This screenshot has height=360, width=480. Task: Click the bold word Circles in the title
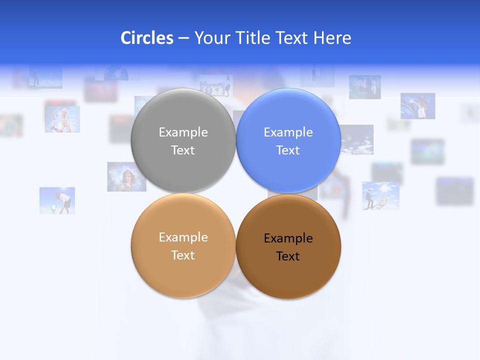click(147, 38)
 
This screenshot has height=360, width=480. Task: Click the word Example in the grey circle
click(183, 132)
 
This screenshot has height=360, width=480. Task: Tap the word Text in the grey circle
click(183, 150)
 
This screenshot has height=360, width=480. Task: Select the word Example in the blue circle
click(288, 132)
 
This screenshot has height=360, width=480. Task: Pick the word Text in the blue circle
click(288, 150)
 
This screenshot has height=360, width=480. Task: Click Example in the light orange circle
click(183, 237)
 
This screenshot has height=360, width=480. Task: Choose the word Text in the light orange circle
click(183, 255)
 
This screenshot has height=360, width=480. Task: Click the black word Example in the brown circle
click(288, 238)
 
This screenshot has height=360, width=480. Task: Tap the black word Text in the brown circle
click(288, 256)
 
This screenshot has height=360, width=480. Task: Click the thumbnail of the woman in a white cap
click(62, 119)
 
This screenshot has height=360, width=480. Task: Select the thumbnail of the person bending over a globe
click(57, 200)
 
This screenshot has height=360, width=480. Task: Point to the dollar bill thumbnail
click(216, 85)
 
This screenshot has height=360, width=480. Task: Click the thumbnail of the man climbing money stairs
click(380, 195)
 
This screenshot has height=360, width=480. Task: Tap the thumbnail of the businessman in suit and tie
click(365, 87)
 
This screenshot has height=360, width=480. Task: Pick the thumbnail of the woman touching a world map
click(417, 106)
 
